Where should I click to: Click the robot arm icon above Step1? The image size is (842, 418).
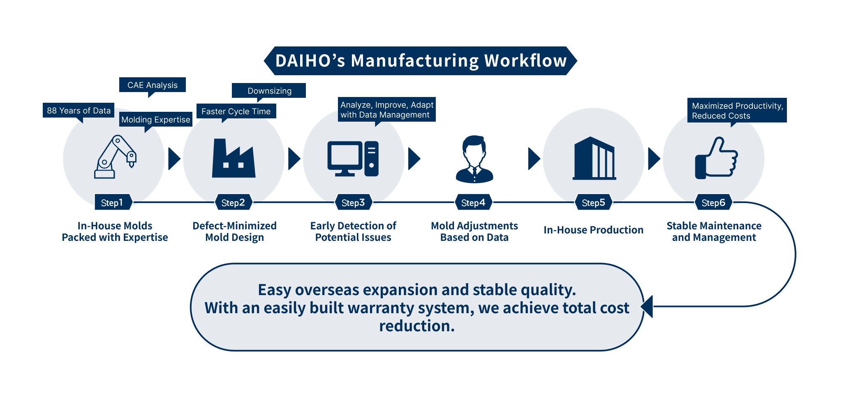(115, 157)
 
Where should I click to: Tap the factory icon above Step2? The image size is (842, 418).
(234, 158)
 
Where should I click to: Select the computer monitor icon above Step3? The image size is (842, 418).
(353, 159)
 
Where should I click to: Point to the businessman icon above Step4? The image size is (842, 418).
(474, 159)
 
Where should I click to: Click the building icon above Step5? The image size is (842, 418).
(594, 158)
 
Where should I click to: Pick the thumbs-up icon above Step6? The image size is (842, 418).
(716, 158)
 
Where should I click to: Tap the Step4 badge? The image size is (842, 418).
(473, 202)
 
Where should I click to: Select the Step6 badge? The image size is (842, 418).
(713, 202)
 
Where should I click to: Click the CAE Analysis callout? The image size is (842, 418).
(153, 85)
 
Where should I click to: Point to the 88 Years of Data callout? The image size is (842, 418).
(79, 111)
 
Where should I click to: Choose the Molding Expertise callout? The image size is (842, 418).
(156, 120)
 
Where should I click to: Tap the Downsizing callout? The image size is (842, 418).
(269, 91)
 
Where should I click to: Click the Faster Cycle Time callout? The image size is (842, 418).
(236, 111)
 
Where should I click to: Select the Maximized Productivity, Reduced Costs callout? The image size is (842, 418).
(737, 111)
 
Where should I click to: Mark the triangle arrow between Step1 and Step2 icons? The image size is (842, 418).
(174, 159)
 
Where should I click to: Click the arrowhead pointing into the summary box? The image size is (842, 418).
(647, 307)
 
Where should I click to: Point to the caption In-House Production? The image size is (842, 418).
(593, 230)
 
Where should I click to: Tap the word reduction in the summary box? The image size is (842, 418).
(417, 326)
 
